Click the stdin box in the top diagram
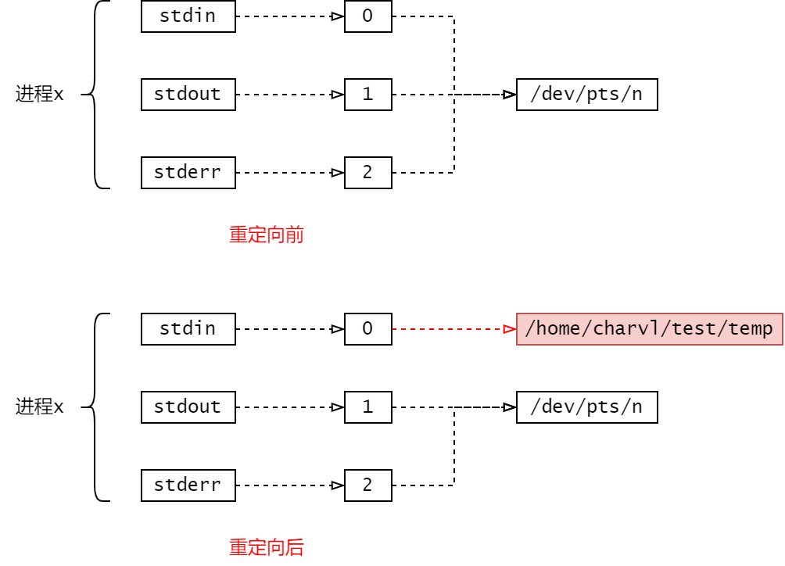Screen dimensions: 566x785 coord(188,16)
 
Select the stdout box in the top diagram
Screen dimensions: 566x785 coord(188,95)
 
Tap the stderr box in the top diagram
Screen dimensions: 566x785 coord(188,173)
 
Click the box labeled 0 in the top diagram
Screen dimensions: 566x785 coord(367,16)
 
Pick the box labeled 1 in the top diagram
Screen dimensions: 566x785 coord(367,95)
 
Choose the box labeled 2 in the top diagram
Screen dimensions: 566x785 coord(367,173)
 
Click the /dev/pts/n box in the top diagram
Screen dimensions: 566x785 coord(586,95)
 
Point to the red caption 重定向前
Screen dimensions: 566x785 coord(266,235)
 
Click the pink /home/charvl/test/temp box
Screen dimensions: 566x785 coord(649,329)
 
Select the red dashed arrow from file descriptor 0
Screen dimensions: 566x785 coord(453,329)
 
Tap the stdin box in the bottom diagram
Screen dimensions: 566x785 coord(188,329)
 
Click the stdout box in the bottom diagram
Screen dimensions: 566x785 coord(188,407)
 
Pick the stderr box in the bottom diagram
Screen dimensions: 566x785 coord(188,485)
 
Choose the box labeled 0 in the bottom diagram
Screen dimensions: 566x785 coord(367,329)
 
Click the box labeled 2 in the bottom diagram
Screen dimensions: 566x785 coord(367,485)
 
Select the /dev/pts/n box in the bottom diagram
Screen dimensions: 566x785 coord(586,407)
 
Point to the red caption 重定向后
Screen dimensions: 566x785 coord(266,547)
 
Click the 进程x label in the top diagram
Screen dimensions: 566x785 coord(39,95)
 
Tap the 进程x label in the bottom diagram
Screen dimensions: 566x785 coord(39,407)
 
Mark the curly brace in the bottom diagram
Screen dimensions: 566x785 coord(95,407)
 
